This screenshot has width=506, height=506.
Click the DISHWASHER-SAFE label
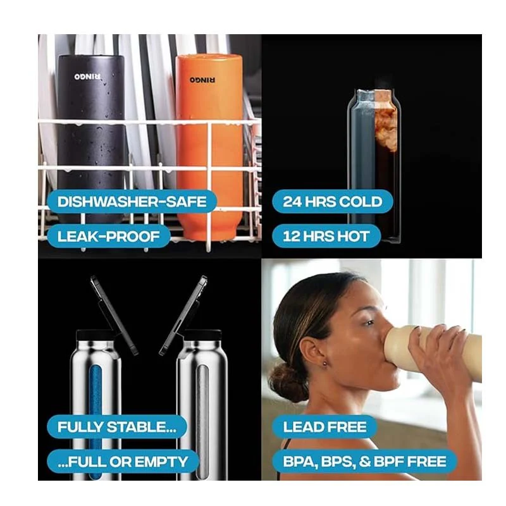tap(132, 202)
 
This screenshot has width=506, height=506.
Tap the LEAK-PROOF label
tap(108, 236)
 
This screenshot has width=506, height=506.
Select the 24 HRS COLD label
tap(333, 202)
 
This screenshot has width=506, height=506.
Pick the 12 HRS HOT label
tap(326, 236)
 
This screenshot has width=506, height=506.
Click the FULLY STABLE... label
tap(117, 427)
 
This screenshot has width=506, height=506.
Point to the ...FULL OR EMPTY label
tap(123, 462)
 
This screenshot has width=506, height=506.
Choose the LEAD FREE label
tap(324, 427)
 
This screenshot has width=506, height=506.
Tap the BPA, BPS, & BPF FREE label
tap(365, 462)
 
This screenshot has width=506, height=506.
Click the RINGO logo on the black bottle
tap(87, 77)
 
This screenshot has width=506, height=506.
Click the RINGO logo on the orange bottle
tap(202, 80)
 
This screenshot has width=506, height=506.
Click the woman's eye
tap(369, 323)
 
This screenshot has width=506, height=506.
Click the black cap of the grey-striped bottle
tap(204, 335)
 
